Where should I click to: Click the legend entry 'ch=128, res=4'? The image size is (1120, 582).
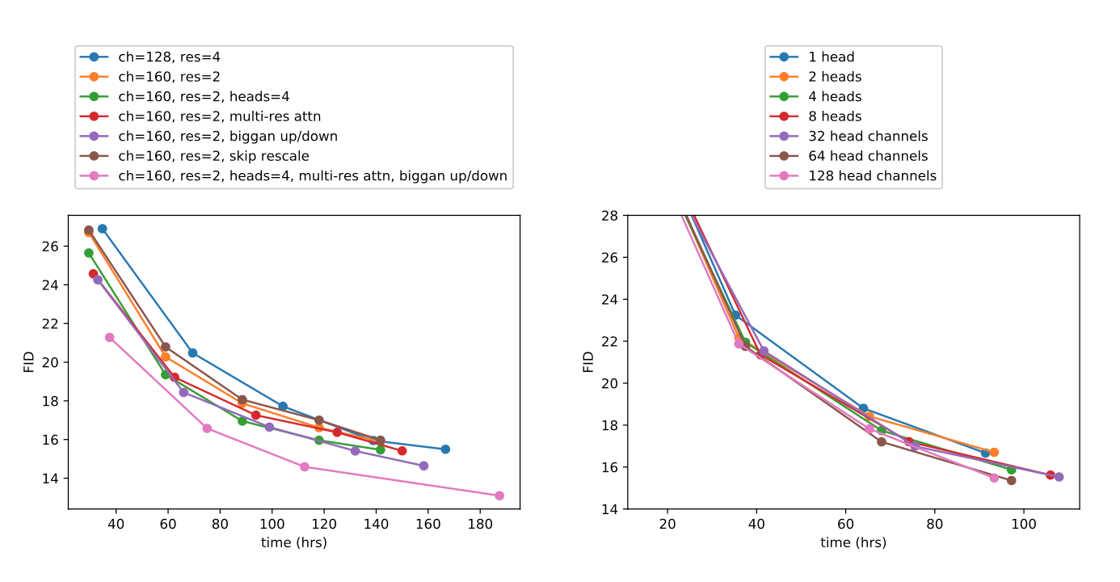[x=169, y=57]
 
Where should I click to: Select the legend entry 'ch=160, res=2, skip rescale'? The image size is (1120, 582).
[x=213, y=156]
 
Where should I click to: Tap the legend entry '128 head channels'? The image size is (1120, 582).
[x=872, y=175]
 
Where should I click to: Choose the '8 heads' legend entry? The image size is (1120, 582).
[x=835, y=116]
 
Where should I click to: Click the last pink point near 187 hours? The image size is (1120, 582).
[x=499, y=496]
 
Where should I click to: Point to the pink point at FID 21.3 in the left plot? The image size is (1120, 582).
[x=109, y=337]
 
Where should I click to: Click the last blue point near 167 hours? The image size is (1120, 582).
[x=445, y=449]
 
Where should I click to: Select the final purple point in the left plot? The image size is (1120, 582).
[x=423, y=466]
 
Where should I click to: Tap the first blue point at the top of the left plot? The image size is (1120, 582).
[x=102, y=229]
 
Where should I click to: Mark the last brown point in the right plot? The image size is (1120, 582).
[x=1011, y=480]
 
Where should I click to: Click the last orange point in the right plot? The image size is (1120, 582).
[x=994, y=453]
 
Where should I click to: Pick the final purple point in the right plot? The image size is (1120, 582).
[x=1059, y=477]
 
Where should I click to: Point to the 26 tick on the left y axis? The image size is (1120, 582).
[x=51, y=246]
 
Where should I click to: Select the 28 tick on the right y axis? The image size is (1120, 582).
[x=610, y=215]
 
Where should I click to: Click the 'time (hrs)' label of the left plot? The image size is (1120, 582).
[x=293, y=542]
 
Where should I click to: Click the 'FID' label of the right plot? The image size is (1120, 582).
[x=587, y=361]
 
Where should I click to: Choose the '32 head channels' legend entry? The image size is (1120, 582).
[x=868, y=136]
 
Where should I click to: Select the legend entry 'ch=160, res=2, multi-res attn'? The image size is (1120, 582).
[x=219, y=116]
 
